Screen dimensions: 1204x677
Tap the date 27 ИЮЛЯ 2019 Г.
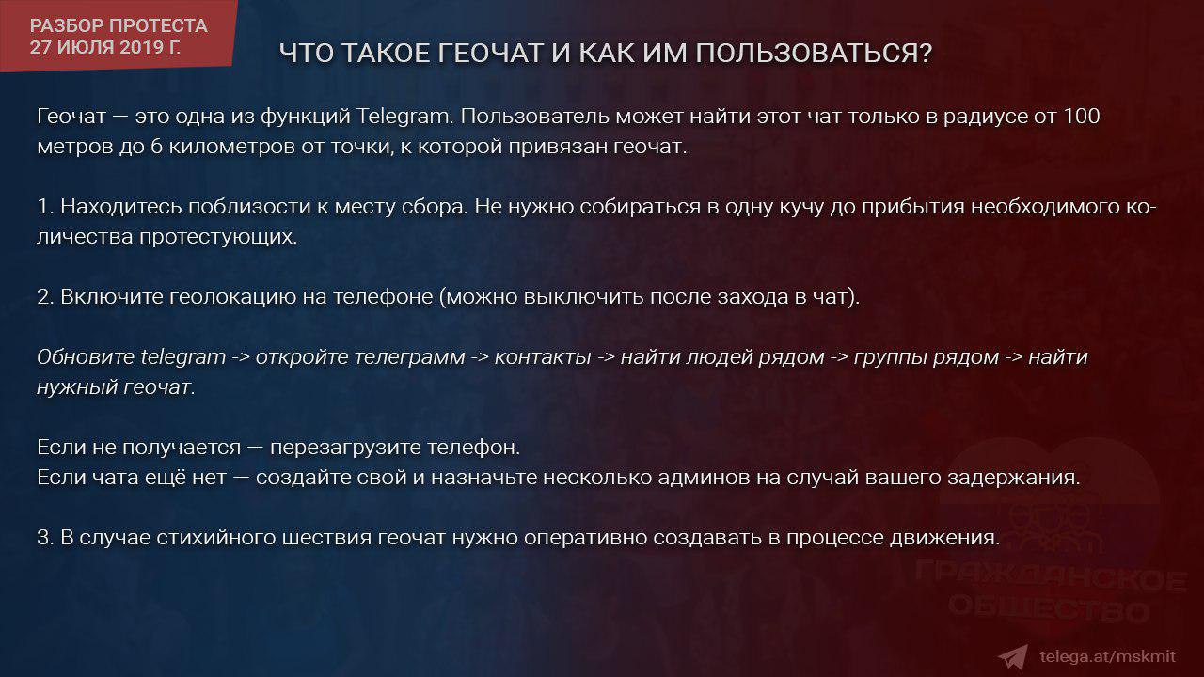coord(105,47)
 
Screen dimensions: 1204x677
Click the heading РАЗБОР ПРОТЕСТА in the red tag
coord(119,25)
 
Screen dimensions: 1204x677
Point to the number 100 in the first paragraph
coord(1081,116)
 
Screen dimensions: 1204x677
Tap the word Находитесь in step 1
coord(121,206)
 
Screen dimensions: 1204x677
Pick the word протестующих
coord(218,237)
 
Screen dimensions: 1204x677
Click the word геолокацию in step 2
coord(232,297)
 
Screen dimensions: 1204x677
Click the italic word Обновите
coord(86,356)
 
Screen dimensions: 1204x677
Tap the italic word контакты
coord(543,357)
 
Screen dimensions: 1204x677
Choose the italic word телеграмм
coord(360,356)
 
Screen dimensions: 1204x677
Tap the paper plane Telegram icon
coord(1014,656)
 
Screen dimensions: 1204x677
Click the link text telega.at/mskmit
coord(1107,656)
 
